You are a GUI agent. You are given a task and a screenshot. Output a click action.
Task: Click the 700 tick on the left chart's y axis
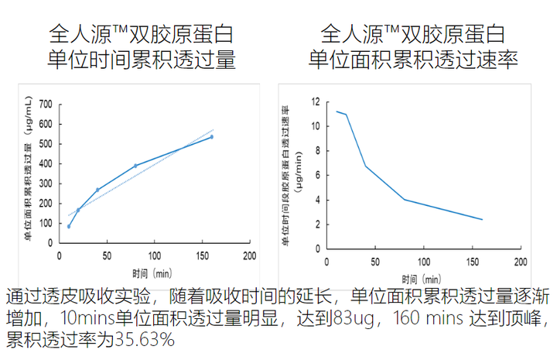pos(46,104)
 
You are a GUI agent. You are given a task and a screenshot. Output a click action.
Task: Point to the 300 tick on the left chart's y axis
pos(46,183)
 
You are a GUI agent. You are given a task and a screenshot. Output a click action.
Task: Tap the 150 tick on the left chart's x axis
pos(202,255)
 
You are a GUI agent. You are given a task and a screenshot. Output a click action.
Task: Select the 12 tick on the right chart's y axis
pos(316,101)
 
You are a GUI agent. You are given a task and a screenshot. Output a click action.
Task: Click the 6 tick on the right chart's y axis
pos(316,175)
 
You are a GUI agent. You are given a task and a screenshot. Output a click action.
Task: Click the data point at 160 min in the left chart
pos(211,137)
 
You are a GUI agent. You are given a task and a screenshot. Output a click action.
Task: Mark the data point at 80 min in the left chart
pos(135,166)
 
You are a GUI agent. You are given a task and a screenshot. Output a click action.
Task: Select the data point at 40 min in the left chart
pos(97,190)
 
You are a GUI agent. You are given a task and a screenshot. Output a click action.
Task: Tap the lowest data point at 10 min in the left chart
pos(69,226)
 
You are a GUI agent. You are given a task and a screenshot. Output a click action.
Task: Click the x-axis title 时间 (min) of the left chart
pos(151,273)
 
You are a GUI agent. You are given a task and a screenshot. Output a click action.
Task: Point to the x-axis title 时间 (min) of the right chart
pos(422,278)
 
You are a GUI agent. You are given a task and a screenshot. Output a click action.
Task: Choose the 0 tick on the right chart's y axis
pos(316,249)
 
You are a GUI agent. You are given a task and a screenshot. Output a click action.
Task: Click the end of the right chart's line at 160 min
pos(482,220)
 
